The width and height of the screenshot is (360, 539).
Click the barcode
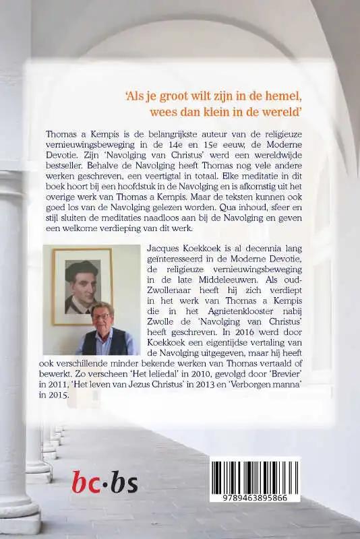(x=254, y=478)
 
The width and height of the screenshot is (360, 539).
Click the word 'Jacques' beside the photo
(x=164, y=249)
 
